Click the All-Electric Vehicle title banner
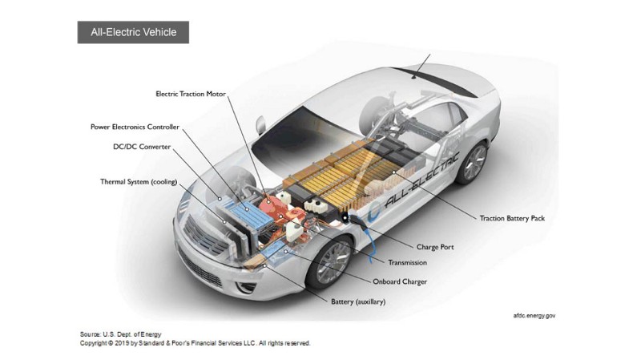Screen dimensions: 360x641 coord(133,33)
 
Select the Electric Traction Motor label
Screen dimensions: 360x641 coord(191,94)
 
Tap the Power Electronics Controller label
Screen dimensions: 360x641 coord(135,127)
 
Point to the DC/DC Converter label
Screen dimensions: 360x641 coord(141,147)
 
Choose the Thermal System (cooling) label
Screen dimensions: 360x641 coord(139,181)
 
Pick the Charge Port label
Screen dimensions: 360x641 coord(435,247)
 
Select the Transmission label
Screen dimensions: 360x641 coord(407,263)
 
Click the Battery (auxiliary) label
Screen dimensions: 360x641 coord(358,301)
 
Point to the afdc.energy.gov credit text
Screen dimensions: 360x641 coord(534,315)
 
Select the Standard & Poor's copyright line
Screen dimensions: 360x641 coord(195,343)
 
